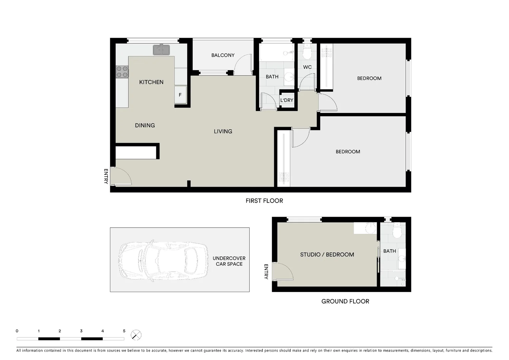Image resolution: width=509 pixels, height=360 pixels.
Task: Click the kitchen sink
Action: (x=161, y=50)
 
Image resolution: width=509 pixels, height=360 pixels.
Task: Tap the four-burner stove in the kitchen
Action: (x=122, y=72)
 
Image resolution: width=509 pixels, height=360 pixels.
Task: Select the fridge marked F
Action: (x=180, y=95)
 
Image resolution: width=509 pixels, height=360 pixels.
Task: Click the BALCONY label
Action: (x=223, y=55)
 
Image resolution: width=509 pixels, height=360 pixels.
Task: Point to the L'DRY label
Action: (x=286, y=100)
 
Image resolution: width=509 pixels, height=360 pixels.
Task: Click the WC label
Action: (x=307, y=67)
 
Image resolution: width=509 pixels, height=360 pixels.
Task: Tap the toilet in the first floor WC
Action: (x=307, y=52)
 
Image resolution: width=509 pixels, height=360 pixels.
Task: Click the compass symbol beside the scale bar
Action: (x=136, y=335)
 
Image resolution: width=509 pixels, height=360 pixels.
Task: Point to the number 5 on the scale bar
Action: (x=124, y=331)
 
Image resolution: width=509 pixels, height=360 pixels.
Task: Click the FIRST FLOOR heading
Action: (x=264, y=201)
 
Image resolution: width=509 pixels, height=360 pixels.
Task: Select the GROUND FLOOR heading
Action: (x=345, y=301)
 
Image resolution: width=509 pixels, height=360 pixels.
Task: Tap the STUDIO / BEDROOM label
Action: (x=327, y=255)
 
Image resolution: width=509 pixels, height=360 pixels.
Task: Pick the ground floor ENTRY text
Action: (x=266, y=272)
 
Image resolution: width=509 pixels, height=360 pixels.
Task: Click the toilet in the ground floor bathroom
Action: (x=396, y=231)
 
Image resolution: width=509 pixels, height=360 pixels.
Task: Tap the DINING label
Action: (x=145, y=125)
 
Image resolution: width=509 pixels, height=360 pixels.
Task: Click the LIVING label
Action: (x=223, y=131)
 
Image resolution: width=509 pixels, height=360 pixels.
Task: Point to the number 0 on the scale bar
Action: (x=17, y=331)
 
